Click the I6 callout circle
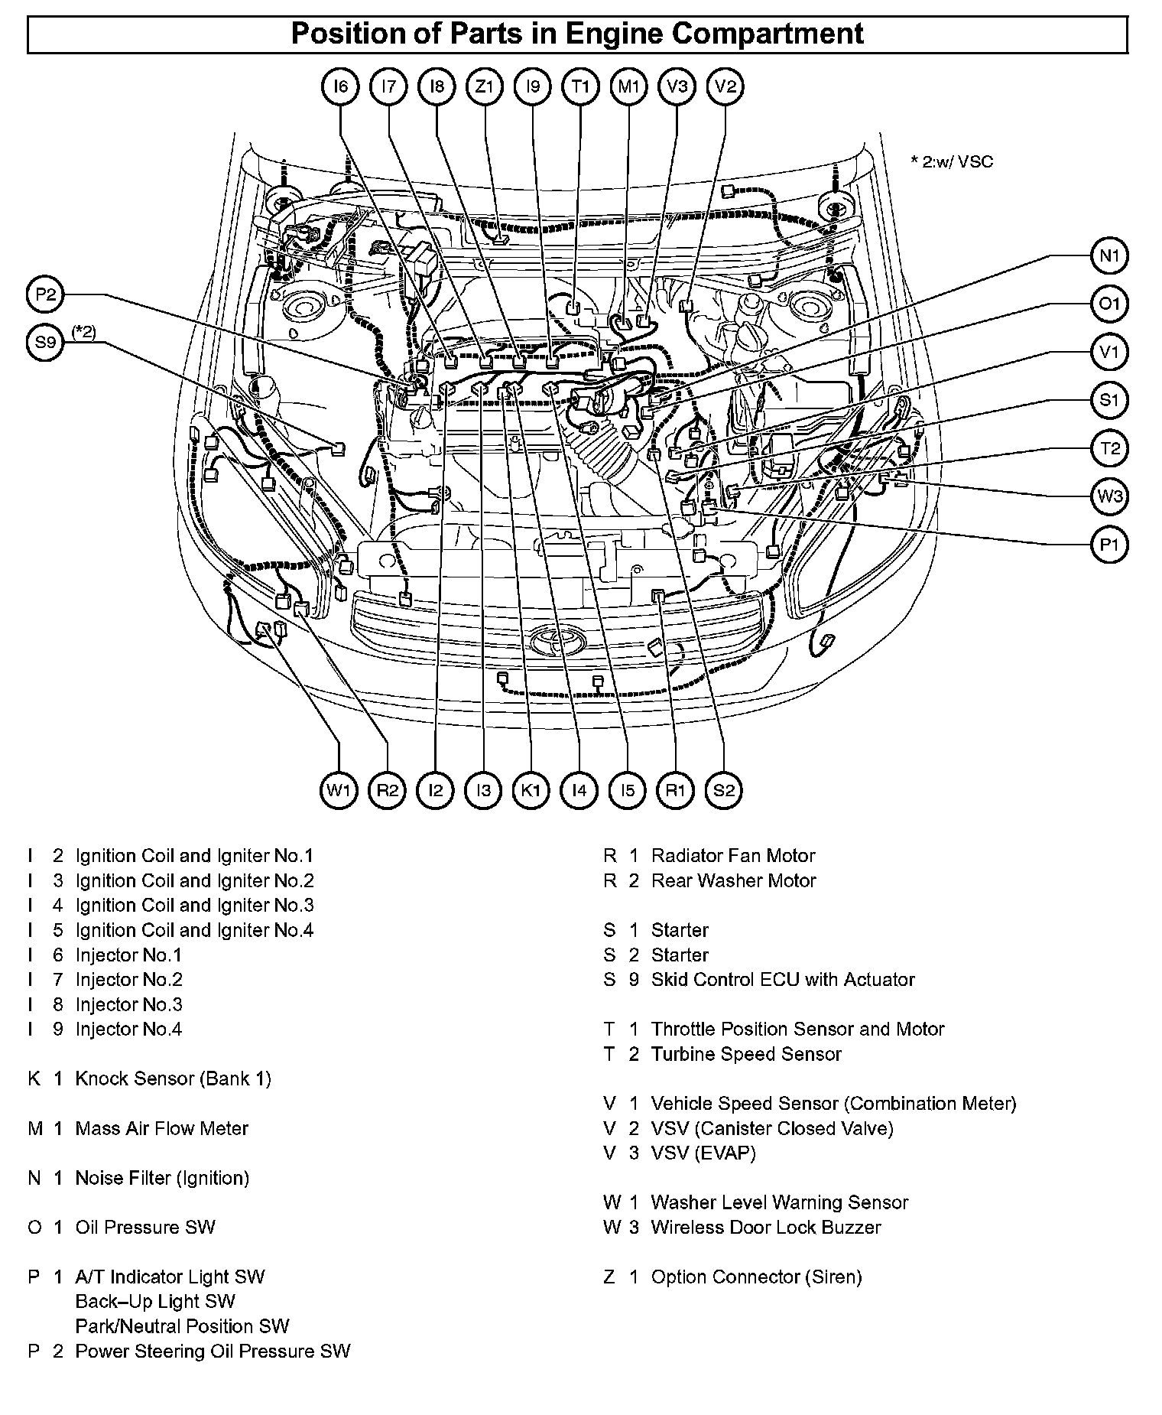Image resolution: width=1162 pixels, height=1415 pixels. pos(341,86)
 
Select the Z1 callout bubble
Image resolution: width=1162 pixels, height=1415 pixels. pos(485,86)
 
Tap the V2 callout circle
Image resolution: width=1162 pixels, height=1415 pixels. pos(725,86)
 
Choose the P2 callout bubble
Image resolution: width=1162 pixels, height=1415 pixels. pos(46,294)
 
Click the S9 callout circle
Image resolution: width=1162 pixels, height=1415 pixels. pos(46,343)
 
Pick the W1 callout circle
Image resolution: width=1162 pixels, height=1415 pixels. pos(339,789)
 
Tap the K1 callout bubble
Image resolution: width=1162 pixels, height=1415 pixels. pos(531,789)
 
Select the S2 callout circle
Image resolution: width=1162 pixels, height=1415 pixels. pos(724,789)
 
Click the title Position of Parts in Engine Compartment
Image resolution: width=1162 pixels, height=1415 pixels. pos(577,34)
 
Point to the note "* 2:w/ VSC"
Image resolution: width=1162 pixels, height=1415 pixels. pos(951,161)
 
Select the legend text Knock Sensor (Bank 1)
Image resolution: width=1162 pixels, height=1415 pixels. pos(173,1078)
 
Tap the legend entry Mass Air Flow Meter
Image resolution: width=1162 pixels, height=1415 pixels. pos(161,1128)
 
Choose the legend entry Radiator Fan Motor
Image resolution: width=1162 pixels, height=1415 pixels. pos(732,856)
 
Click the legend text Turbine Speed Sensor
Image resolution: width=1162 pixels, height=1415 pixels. pos(745,1054)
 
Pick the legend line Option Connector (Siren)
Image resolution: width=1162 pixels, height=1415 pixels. pos(756,1277)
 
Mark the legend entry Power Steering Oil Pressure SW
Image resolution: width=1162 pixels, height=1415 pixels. pos(213,1351)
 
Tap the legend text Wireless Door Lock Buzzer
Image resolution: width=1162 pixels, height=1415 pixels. pos(765,1227)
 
